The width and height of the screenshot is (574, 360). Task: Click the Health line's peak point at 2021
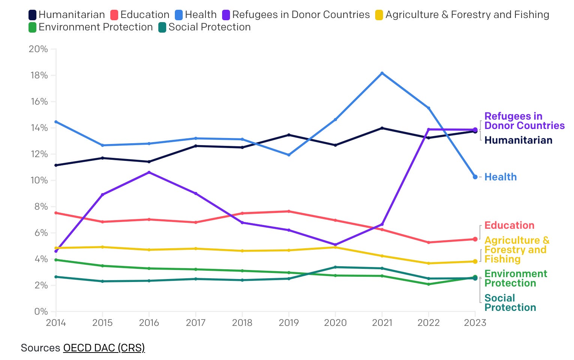tap(382, 73)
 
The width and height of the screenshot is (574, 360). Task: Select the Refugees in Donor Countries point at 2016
tap(149, 172)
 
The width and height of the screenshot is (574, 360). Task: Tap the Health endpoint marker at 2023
tap(475, 177)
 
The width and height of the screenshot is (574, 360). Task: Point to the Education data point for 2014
tap(56, 213)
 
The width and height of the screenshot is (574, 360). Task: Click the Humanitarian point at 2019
tap(289, 135)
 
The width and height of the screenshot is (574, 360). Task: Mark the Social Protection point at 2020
tap(335, 267)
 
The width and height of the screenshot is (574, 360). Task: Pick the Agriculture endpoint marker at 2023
tap(475, 261)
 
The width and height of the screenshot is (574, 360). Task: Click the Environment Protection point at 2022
tap(428, 284)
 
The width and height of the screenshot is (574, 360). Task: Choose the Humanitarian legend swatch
tap(33, 15)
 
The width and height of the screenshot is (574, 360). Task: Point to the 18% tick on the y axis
tap(39, 75)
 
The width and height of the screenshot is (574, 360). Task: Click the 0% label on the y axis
tap(41, 312)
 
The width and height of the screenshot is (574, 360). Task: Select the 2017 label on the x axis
tap(195, 323)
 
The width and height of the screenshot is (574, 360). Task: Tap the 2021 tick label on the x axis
tap(382, 323)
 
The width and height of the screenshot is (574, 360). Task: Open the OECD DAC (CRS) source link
tap(104, 348)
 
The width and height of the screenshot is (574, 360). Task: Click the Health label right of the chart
tap(500, 177)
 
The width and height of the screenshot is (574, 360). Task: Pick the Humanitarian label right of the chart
tap(518, 140)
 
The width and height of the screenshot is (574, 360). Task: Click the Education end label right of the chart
tap(509, 225)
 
